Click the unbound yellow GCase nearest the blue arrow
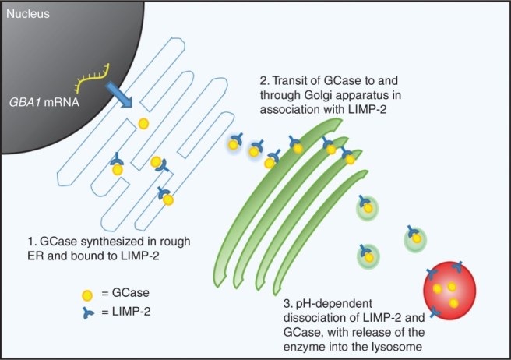pyautogui.click(x=143, y=123)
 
